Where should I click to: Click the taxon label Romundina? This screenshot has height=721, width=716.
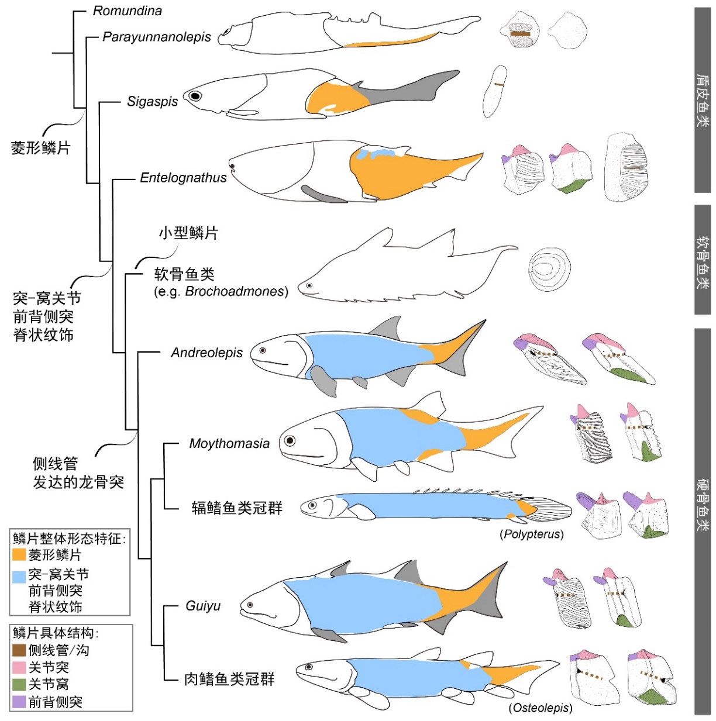pos(128,11)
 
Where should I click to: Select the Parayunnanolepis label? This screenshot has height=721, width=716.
pos(156,37)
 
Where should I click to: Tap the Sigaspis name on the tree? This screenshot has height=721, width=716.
pos(152,101)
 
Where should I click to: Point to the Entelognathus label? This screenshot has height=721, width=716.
pos(183,178)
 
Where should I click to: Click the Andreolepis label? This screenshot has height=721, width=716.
pos(206,353)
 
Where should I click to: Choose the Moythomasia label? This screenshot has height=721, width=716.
pos(229,444)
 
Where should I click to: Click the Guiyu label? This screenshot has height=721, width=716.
pos(203,606)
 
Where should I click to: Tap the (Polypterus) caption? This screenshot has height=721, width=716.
pos(532,534)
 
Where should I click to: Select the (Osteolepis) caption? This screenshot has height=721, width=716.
pos(541,708)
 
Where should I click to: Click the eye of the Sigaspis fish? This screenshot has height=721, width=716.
pos(195,96)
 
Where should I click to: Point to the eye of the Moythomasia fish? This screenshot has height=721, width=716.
pos(290,441)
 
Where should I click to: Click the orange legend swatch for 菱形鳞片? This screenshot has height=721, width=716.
pos(19,554)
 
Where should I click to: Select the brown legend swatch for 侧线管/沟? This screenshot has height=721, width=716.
pos(19,650)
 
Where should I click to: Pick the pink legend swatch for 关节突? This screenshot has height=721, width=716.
pos(19,667)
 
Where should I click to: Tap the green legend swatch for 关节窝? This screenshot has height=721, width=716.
pos(19,684)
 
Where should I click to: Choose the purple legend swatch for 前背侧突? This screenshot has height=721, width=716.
pos(19,702)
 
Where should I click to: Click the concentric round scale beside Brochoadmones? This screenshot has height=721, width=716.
pos(549,269)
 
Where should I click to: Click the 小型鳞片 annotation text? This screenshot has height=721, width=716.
pos(188,233)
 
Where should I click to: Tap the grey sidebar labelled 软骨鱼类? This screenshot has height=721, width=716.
pos(703,260)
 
